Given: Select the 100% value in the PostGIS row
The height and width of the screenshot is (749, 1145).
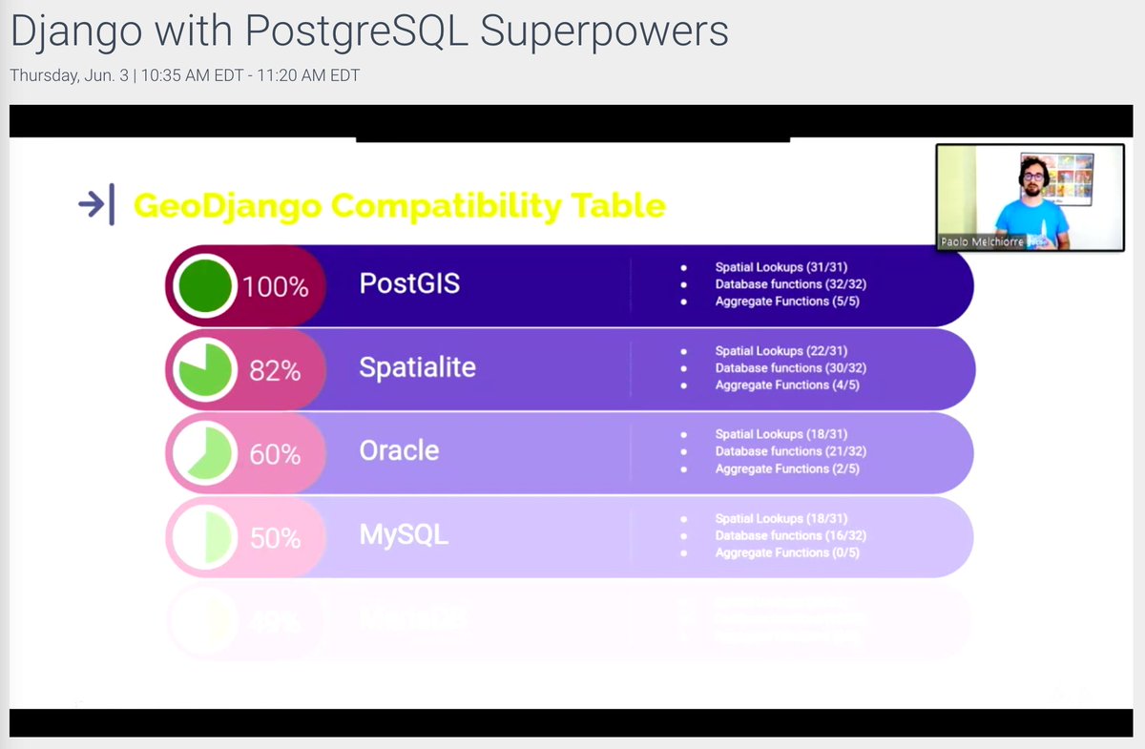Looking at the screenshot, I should [x=275, y=286].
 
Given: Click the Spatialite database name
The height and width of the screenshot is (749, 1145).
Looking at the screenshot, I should [x=417, y=367].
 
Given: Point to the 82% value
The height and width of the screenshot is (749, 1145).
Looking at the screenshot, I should [x=275, y=370].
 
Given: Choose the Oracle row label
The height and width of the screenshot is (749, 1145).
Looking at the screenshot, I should [x=399, y=450].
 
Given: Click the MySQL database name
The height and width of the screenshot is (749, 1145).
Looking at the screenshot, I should [x=404, y=534].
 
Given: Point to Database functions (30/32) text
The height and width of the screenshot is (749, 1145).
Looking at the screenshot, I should [x=791, y=367].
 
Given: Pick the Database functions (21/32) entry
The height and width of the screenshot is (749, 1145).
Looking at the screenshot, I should [x=791, y=451].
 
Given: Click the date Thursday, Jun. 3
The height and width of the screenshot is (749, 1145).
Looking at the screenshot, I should [x=71, y=74].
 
